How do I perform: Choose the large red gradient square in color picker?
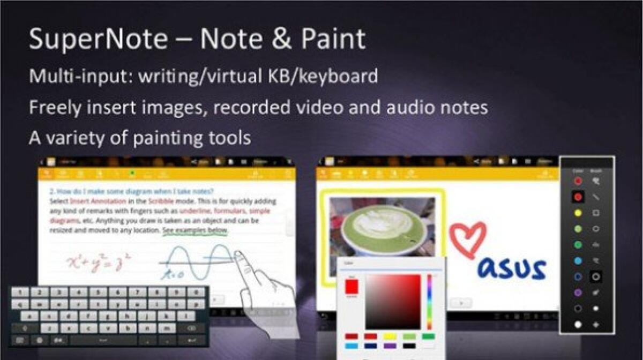[x=393, y=302]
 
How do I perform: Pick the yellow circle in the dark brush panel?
[x=578, y=213]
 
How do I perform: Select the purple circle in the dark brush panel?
[x=578, y=292]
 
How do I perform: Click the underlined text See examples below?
[x=195, y=230]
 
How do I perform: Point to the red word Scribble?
[x=160, y=201]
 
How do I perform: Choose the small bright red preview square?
[x=352, y=287]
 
